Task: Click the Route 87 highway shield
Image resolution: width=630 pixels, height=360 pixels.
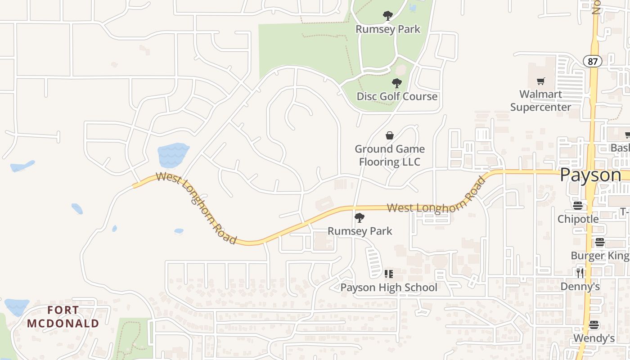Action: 593,61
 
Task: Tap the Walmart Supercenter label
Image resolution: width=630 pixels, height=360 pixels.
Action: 540,100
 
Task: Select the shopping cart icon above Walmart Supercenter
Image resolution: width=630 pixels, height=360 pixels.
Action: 540,81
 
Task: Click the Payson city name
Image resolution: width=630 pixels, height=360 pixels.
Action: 590,175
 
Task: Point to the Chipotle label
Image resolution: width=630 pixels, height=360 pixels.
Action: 578,219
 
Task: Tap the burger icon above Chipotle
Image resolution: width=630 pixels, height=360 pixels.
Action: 578,206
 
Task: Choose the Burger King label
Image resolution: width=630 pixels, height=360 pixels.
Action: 599,256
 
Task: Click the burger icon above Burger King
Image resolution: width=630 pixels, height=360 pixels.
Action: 599,242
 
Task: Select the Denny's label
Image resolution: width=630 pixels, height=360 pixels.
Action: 580,286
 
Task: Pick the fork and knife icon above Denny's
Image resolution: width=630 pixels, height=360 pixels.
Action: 580,273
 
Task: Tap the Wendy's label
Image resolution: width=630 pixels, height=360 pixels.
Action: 594,338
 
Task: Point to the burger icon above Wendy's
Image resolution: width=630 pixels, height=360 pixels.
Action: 594,325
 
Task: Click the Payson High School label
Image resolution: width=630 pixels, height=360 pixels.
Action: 388,287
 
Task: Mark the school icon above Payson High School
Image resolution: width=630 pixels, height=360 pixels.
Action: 389,274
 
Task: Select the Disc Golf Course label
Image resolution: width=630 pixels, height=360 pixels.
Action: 397,96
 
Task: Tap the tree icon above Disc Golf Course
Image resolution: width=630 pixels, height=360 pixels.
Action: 396,83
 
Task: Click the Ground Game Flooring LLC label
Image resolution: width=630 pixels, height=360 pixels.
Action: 390,155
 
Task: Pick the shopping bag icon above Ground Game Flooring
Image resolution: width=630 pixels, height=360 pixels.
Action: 390,135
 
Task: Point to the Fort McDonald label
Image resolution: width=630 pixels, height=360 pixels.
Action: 63,317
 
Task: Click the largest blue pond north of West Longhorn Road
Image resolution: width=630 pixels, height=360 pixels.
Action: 173,155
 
